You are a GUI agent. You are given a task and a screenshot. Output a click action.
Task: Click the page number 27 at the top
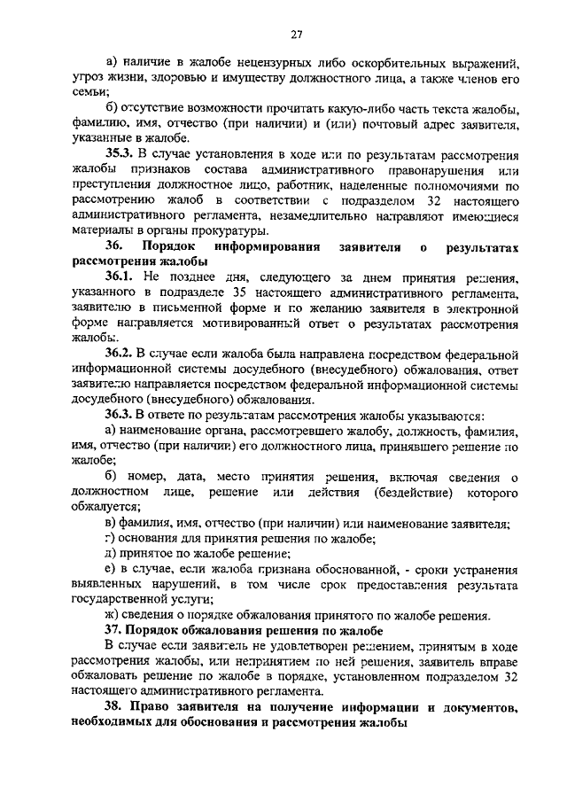point(296,35)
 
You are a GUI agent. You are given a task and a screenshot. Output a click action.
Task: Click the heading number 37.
point(114,630)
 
